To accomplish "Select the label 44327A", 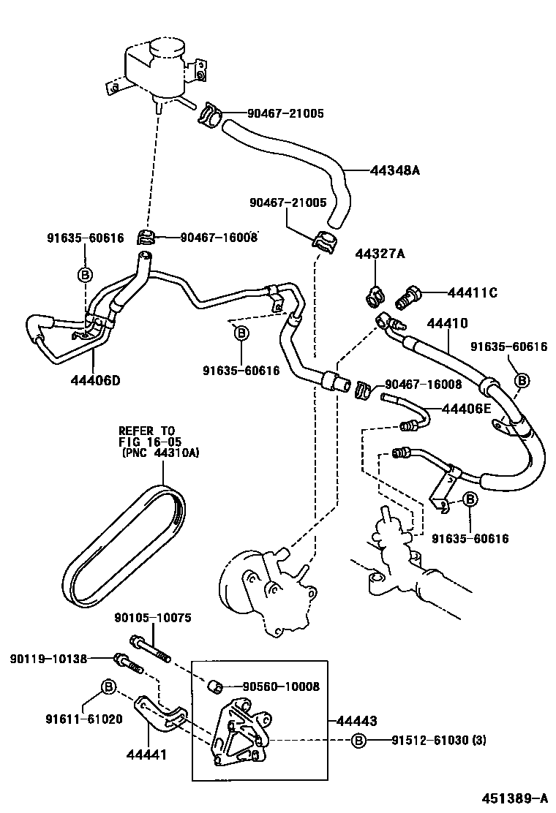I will [380, 254].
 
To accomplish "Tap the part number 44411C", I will [472, 293].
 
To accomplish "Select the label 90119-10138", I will [48, 659].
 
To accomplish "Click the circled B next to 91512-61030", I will [358, 741].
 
